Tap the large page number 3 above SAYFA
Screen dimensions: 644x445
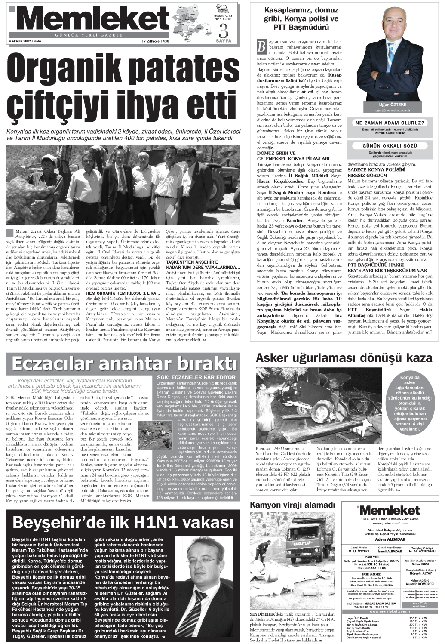(223, 31)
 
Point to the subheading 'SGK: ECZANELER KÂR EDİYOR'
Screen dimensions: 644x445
(193, 377)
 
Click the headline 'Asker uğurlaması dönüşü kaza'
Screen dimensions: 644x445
(344, 357)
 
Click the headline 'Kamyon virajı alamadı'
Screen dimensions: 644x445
(292, 505)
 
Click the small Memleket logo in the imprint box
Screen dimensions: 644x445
(389, 510)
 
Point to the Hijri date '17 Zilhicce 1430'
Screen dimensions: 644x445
(156, 41)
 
